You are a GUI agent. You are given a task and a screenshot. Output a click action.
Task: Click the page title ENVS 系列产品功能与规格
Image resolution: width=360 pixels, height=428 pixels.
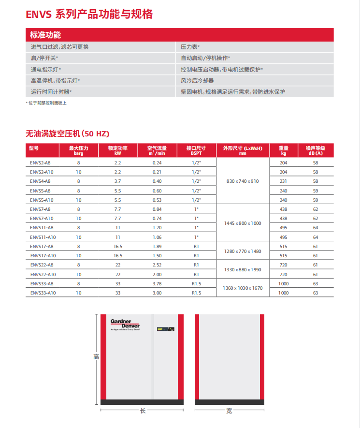pos(89,15)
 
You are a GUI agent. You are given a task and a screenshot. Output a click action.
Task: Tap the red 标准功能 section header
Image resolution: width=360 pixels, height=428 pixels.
pos(45,35)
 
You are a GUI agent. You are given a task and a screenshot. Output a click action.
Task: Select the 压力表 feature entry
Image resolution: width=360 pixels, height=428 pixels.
pos(190,47)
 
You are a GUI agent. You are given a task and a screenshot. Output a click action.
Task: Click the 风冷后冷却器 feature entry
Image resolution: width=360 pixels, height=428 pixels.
pos(197,81)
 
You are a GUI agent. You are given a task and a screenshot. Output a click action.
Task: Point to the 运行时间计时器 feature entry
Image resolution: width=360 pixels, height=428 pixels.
pos(51,91)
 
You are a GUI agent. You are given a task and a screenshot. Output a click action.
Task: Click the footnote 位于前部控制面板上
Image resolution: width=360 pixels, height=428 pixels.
pos(46,103)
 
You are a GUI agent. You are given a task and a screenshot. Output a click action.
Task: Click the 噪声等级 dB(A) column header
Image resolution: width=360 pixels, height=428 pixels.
pos(316,150)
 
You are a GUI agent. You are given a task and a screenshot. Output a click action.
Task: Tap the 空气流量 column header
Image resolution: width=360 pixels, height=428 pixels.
pos(157,150)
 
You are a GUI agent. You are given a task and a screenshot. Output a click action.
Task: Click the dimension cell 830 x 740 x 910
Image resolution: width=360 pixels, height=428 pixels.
pos(243,181)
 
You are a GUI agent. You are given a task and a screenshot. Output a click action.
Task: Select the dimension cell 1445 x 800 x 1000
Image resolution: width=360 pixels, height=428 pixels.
pos(243,223)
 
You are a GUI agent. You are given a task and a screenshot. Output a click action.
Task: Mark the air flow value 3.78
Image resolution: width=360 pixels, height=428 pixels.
pos(157,283)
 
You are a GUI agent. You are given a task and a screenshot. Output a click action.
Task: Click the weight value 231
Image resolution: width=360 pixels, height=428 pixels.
pos(283,181)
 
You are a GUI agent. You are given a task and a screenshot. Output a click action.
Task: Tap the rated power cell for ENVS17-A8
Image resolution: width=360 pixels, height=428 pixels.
pos(117,246)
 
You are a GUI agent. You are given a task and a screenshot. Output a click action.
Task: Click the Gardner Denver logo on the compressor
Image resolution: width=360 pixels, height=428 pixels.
pos(124,325)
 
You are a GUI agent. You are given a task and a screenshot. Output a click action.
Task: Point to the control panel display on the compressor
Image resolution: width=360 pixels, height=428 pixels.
pos(165,330)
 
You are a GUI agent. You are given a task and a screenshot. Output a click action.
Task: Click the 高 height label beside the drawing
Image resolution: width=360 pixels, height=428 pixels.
pos(96,357)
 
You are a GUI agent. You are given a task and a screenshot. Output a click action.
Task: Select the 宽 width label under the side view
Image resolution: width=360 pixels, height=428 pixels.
pos(229,411)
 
